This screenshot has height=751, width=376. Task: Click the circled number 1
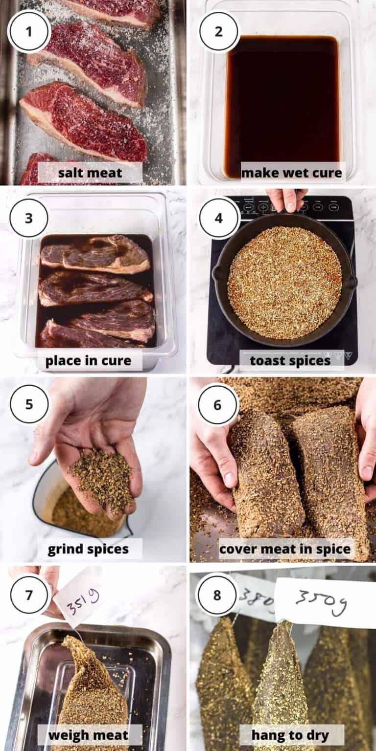[x=29, y=32]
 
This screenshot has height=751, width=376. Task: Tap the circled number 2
[x=218, y=32]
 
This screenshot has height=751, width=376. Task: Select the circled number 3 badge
[x=29, y=218]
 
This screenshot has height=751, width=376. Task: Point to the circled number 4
[x=218, y=218]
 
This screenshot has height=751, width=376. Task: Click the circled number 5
[x=29, y=404]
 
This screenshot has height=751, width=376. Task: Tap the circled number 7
[x=29, y=595]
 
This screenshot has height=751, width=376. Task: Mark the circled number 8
[x=217, y=595]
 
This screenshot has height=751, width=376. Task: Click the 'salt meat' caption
[x=90, y=173]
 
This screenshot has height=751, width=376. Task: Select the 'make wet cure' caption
[x=292, y=173]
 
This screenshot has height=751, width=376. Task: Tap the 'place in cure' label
[x=89, y=361]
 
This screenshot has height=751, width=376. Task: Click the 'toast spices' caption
[x=290, y=361]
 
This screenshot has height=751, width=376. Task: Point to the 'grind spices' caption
[x=89, y=549]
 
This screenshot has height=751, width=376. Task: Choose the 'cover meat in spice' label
[x=285, y=549]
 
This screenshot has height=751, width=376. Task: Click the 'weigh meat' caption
[x=89, y=735]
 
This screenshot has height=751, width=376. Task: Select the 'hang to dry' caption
[x=290, y=735]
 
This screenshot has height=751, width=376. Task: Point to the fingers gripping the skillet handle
[x=287, y=200]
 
